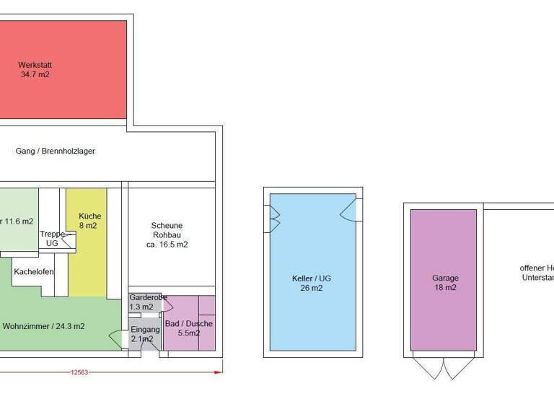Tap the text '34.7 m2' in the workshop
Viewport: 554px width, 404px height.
tap(35, 74)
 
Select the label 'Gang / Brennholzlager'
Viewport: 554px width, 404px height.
tap(56, 151)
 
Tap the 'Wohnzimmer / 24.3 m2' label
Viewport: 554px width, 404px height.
tap(44, 326)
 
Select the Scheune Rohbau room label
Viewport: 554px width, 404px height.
tap(167, 234)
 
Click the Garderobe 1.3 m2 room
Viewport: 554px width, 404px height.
tap(146, 302)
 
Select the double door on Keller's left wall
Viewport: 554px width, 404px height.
tap(274, 219)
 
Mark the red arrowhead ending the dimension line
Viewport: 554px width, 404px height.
tap(219, 372)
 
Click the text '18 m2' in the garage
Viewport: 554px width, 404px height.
tap(445, 288)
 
